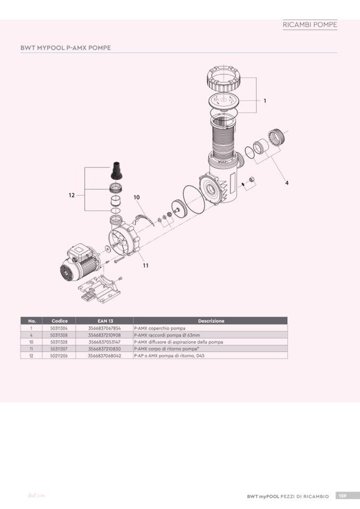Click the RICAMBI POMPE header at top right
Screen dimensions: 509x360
click(x=310, y=25)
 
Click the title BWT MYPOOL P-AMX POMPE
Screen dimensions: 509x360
click(x=65, y=48)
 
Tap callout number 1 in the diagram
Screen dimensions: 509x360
click(x=264, y=101)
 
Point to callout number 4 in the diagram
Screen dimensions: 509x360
click(x=287, y=183)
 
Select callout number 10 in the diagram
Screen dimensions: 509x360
click(x=136, y=197)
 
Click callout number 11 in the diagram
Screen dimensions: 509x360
click(x=145, y=266)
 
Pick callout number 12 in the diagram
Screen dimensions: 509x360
click(x=72, y=195)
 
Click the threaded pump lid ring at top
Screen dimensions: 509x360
click(x=224, y=79)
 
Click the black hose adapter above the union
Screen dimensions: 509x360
click(x=116, y=170)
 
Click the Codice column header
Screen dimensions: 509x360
click(x=59, y=321)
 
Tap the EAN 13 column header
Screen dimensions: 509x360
click(x=105, y=321)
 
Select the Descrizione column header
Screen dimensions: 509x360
click(x=211, y=321)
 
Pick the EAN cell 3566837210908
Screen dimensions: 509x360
click(x=105, y=335)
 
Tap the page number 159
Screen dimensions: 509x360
click(x=343, y=496)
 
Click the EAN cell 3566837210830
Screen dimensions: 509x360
click(x=105, y=349)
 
